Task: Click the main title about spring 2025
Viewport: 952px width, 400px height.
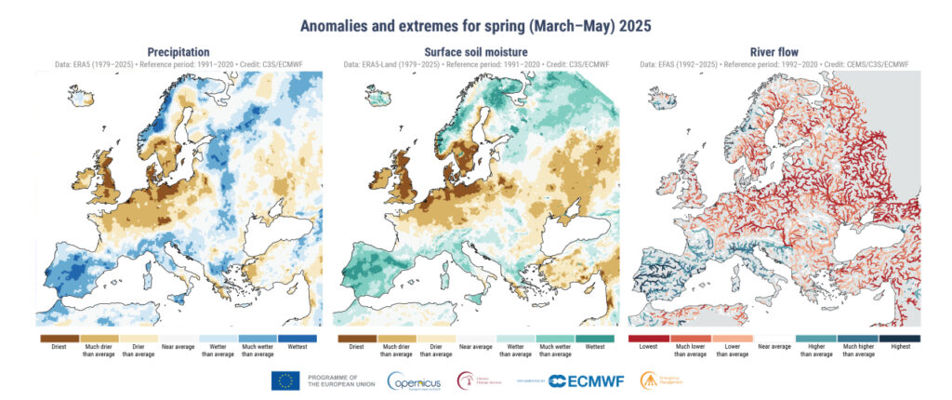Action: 475,20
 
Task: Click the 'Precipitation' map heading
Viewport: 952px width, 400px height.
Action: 178,52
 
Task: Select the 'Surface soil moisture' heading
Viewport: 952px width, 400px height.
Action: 475,52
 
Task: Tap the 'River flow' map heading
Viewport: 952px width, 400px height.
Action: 774,52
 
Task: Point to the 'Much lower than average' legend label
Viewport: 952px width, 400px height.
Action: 690,351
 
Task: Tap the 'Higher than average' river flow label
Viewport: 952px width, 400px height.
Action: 816,351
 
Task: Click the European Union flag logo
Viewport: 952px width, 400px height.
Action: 284,380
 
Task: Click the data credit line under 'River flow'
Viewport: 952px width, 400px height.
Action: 774,64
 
